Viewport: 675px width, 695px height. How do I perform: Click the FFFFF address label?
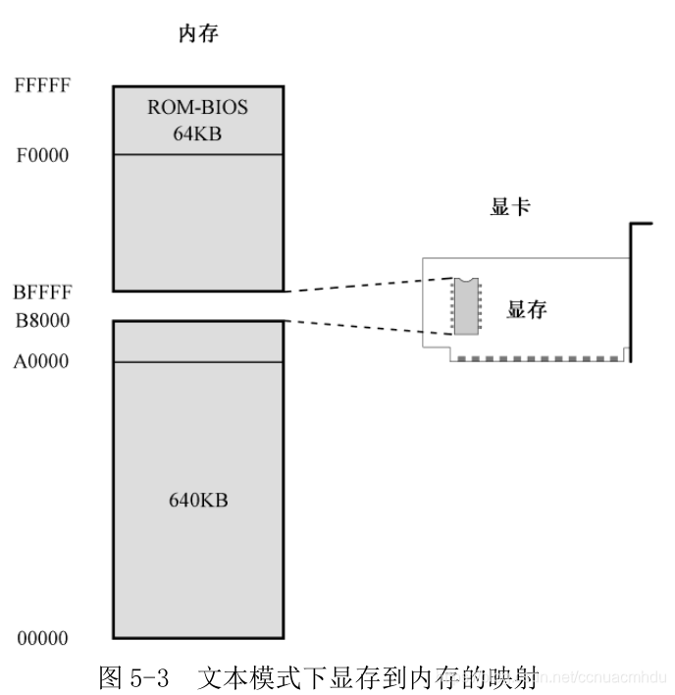click(x=42, y=85)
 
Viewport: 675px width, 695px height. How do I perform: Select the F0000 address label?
click(x=42, y=155)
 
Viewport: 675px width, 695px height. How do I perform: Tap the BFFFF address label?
click(x=42, y=292)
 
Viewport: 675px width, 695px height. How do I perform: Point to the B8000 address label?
click(x=42, y=320)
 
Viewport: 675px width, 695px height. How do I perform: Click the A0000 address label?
click(x=42, y=361)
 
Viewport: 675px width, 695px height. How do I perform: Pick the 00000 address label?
click(x=42, y=639)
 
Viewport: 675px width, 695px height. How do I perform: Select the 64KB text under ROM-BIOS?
click(x=198, y=133)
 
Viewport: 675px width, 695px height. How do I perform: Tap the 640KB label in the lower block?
click(x=198, y=500)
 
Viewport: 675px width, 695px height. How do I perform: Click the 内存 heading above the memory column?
click(x=197, y=34)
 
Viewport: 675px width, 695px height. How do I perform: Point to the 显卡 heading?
click(x=509, y=208)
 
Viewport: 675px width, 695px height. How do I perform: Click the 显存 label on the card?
click(x=526, y=310)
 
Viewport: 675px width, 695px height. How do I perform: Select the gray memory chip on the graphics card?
click(x=465, y=304)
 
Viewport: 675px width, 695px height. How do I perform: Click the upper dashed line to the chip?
click(x=368, y=285)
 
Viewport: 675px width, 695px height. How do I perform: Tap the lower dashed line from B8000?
click(x=368, y=328)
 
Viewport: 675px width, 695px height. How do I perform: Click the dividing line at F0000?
click(x=198, y=154)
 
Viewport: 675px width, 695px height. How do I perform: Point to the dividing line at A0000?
click(x=198, y=361)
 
